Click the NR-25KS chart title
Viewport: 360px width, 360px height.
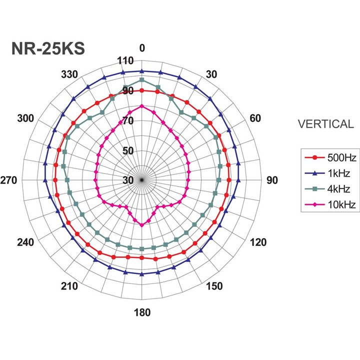(x=48, y=48)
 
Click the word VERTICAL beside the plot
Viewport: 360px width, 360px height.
(x=325, y=124)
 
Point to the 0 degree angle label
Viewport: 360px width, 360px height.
(x=142, y=48)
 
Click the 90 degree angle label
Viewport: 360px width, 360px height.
(x=272, y=180)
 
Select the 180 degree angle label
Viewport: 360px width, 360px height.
(x=142, y=313)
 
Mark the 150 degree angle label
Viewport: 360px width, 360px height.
(x=215, y=286)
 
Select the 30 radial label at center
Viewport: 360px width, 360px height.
(x=127, y=180)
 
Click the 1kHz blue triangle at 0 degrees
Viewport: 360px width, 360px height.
(x=142, y=71)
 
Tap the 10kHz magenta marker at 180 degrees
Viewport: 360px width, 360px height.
(x=142, y=225)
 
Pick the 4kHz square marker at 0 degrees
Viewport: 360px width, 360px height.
(x=142, y=80)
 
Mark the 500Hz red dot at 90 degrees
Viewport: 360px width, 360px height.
(x=228, y=180)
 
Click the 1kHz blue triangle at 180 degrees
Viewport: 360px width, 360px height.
(x=142, y=274)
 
